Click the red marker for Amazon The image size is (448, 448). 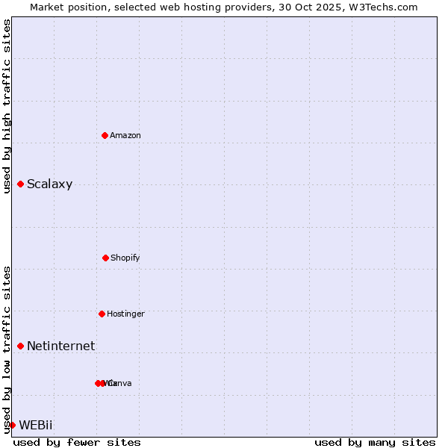tap(105, 135)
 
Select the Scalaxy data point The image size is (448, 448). tap(20, 184)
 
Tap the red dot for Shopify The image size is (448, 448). tap(105, 258)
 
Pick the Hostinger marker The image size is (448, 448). tap(102, 314)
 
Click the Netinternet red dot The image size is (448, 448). tap(20, 346)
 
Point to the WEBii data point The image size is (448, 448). tap(12, 425)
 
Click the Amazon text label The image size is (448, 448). tap(125, 135)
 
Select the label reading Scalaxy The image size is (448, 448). tap(49, 184)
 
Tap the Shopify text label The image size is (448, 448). tap(125, 258)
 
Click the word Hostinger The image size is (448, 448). tap(125, 314)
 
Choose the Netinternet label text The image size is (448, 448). tap(60, 346)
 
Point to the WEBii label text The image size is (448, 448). tap(36, 425)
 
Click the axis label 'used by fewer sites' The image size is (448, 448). tap(77, 442)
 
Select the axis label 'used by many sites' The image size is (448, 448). tap(375, 442)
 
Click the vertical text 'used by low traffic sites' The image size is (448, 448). tap(7, 349)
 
